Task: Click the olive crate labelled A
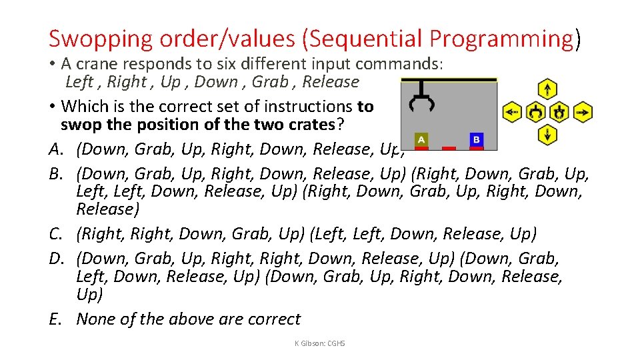click(421, 139)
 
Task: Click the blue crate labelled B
click(476, 139)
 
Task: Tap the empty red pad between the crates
click(449, 148)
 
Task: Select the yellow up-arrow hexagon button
click(547, 89)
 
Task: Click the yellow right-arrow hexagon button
click(583, 112)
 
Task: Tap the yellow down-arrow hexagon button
click(547, 135)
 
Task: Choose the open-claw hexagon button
click(535, 112)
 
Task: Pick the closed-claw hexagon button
click(559, 112)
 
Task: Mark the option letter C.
click(56, 234)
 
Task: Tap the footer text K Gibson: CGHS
click(319, 343)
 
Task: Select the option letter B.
click(55, 174)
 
